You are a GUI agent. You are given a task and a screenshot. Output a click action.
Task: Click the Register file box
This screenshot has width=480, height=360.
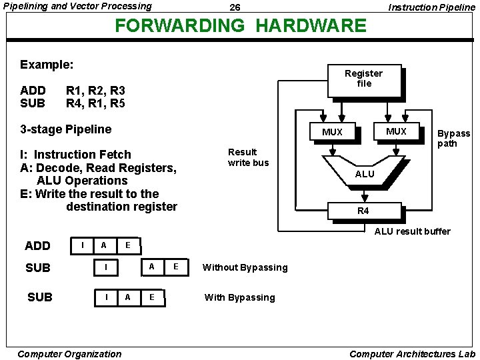point(363,79)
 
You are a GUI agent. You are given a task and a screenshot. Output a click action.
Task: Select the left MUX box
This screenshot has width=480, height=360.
point(332,132)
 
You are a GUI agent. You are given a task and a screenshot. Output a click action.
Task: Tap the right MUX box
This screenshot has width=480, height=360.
point(396,131)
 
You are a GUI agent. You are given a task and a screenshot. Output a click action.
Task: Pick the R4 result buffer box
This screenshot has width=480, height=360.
point(363,211)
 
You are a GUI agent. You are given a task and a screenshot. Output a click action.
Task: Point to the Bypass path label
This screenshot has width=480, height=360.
point(453,139)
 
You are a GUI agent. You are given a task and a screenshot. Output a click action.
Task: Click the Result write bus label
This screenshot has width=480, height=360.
point(248,157)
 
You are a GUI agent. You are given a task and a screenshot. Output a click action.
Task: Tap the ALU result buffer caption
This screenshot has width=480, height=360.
point(412,231)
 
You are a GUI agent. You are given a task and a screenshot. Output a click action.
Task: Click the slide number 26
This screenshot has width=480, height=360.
point(235,7)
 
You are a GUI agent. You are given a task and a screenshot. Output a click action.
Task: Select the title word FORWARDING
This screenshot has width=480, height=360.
point(181,26)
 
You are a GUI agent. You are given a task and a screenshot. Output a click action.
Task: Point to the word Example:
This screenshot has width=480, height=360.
point(47,65)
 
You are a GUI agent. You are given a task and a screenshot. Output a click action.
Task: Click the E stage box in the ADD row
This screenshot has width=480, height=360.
point(127,245)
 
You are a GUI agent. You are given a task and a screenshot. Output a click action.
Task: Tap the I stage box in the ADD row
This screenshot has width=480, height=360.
point(81,245)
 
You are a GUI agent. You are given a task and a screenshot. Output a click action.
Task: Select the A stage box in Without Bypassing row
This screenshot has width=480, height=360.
point(151,267)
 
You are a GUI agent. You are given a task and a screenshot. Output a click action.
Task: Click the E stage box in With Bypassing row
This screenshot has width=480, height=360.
point(152,297)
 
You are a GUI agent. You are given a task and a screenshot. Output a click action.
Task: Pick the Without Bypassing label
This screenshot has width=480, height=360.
point(245,267)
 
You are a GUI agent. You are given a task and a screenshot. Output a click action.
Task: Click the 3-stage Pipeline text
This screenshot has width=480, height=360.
point(66,129)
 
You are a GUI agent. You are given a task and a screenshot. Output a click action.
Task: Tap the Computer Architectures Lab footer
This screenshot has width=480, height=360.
point(412,354)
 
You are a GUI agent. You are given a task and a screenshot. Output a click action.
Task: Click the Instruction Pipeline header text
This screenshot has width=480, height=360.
point(431,7)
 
